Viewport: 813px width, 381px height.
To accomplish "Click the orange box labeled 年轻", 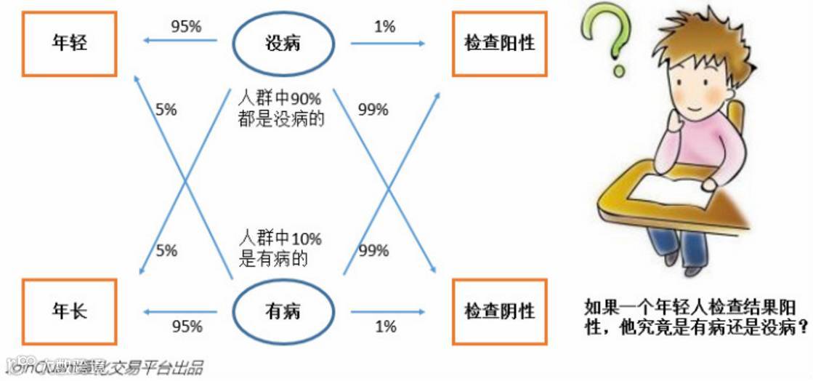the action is (x=70, y=43).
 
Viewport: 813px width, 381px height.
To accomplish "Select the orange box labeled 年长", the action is (x=70, y=311).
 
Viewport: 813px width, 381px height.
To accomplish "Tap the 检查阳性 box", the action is (x=499, y=43).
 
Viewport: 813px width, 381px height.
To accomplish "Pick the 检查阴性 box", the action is (x=499, y=311).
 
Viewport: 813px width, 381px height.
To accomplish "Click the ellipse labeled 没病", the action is (x=283, y=44).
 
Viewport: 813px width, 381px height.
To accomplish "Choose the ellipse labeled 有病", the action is (x=283, y=312).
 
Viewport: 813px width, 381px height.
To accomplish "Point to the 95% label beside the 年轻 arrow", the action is (x=186, y=27).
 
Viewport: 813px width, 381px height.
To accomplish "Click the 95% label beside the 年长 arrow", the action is (x=187, y=326).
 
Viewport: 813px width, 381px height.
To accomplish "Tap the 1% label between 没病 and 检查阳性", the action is (x=385, y=27).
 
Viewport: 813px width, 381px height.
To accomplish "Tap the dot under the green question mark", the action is (x=618, y=71).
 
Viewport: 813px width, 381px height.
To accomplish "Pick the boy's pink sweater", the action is (x=716, y=145).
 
